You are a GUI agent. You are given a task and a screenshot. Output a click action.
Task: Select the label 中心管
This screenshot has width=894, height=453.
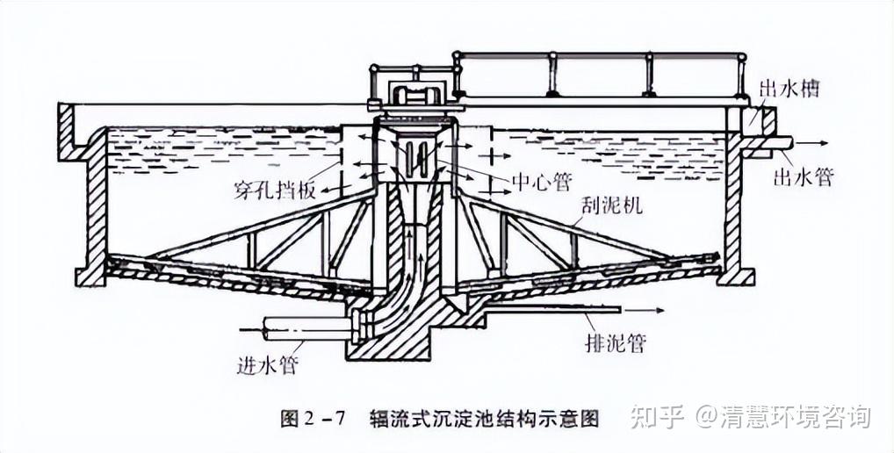point(542,182)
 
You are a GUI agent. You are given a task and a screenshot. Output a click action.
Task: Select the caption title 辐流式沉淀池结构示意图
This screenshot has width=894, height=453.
point(485,419)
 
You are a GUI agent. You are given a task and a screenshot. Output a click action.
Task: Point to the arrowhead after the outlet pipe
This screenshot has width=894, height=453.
point(826,141)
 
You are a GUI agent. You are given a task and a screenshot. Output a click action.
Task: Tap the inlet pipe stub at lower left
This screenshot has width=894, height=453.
point(303,330)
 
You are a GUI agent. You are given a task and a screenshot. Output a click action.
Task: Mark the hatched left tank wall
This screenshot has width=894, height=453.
point(95,215)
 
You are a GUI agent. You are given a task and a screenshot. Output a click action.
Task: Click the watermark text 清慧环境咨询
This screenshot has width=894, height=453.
point(795,416)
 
